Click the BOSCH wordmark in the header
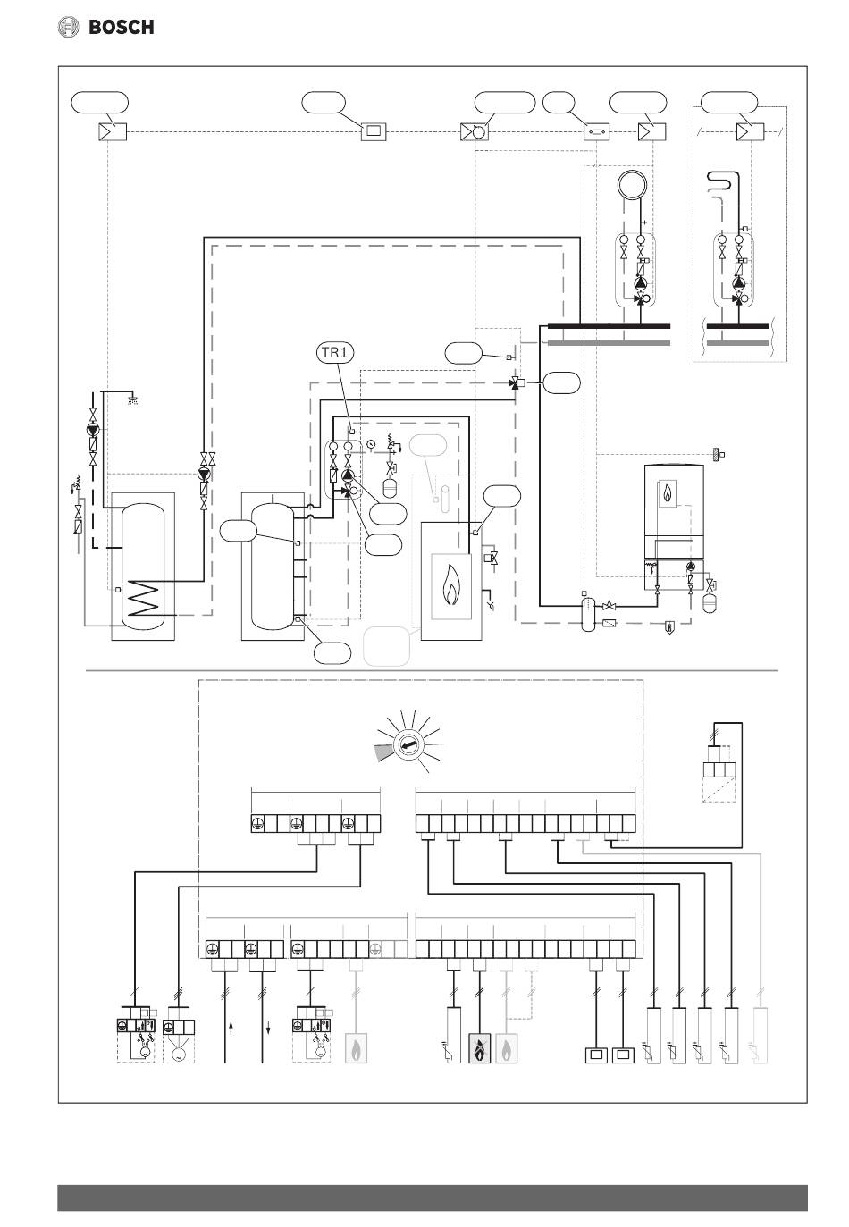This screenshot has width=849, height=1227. [121, 27]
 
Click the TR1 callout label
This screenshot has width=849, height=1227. [335, 353]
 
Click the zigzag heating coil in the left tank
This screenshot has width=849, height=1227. [141, 598]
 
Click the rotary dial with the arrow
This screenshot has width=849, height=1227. [408, 745]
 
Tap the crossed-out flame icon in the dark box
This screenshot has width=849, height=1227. [479, 1048]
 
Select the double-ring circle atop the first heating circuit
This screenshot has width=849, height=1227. [633, 185]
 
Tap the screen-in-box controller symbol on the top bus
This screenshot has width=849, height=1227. [374, 131]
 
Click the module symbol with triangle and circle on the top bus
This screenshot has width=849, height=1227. [475, 131]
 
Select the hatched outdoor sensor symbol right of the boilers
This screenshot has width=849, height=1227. [716, 454]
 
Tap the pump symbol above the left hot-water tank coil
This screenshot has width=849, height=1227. [204, 475]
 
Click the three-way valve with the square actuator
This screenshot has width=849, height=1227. [517, 383]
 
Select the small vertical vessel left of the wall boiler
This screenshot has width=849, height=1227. [587, 613]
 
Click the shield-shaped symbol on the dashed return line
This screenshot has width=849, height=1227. [669, 627]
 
